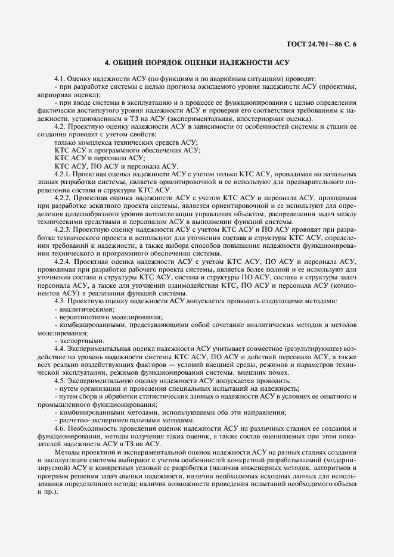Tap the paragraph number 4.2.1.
(63, 173)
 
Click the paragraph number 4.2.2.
(63, 197)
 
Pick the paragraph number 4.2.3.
(63, 229)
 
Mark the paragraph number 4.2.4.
(63, 260)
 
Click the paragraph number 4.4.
(60, 347)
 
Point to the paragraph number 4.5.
(60, 379)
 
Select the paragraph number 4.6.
(60, 428)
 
